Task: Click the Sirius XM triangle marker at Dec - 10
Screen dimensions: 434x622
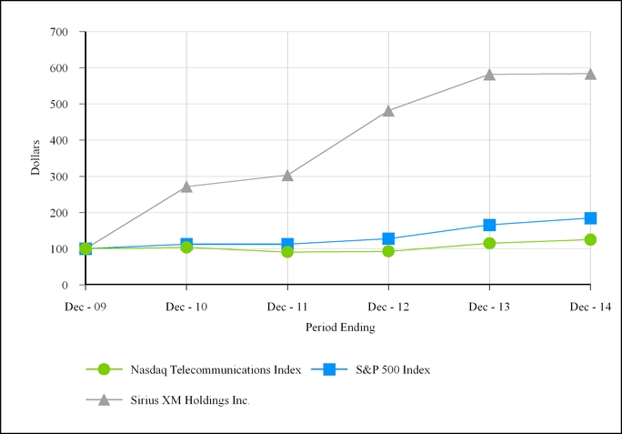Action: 186,187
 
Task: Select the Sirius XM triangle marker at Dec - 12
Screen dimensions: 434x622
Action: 388,111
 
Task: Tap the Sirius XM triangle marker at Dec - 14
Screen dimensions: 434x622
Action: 590,74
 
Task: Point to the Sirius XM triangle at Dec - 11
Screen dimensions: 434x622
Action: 287,175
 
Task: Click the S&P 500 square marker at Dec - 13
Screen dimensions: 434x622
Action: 489,225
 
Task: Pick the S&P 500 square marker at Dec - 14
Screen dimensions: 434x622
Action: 590,218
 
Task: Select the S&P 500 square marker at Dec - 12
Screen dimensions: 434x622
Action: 388,238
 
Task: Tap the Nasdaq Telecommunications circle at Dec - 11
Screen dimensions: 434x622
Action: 287,251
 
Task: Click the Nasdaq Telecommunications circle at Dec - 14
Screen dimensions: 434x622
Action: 590,239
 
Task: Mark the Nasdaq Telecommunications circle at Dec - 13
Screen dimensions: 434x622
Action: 489,243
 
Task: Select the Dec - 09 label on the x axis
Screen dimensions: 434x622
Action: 85,307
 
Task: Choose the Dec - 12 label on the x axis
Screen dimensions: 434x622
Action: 388,307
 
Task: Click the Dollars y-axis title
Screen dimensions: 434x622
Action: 35,157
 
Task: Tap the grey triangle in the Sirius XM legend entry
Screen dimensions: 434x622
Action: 103,400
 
